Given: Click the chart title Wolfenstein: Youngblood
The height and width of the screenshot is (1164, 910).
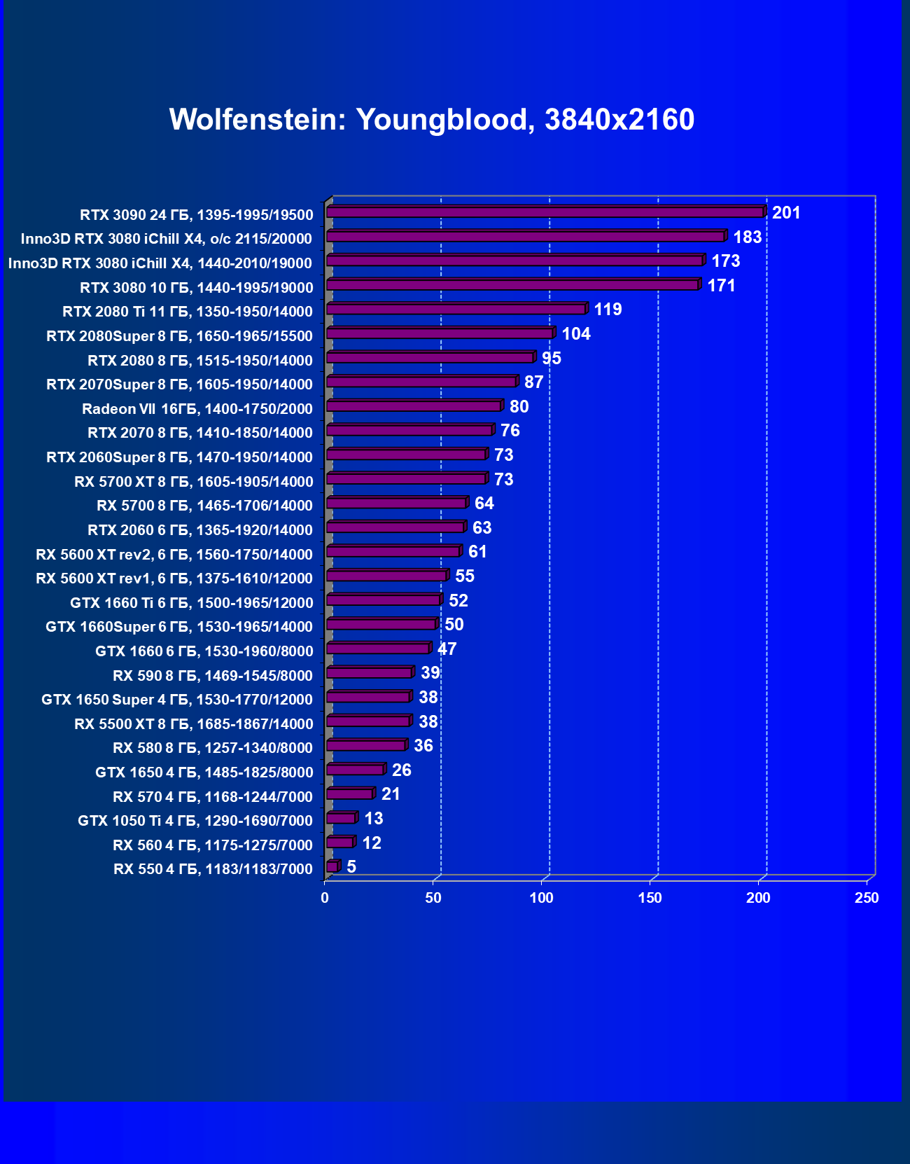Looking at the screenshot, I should coord(432,120).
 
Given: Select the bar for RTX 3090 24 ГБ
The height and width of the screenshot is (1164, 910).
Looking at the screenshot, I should coord(545,212).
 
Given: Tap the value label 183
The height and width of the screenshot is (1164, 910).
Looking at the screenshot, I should coord(747,237).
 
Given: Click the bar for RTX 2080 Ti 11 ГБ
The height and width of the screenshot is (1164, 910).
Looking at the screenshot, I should coord(456,309).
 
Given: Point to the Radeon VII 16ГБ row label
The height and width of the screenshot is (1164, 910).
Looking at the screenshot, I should coord(197,409).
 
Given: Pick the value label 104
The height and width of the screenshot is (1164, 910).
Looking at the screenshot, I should coord(576,333).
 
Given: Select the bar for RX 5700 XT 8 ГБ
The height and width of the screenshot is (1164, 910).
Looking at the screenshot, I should coord(406,479).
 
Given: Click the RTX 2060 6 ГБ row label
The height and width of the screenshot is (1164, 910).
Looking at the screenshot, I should coord(200,530).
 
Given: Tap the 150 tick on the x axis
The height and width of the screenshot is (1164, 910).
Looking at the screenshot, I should coord(650,898).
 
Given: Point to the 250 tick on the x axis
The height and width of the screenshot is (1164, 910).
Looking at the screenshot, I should coord(867,898).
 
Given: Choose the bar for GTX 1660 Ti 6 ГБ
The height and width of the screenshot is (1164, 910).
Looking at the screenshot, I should coord(384,600).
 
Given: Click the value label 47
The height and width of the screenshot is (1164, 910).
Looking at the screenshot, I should coord(447,649).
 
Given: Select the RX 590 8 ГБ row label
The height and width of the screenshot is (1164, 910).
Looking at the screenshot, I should coord(213,676).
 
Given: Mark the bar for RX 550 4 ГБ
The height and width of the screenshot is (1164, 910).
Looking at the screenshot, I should coord(332,867).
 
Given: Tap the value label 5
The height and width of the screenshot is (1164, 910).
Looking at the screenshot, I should coord(351,867).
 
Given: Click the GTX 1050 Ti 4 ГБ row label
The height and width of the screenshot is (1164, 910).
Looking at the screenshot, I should coord(195,821).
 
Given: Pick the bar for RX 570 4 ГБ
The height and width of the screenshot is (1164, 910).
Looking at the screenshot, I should coord(349,794).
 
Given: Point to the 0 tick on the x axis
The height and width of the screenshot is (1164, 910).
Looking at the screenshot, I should coord(325,898).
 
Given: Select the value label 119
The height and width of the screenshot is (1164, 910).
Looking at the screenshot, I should coord(608,310).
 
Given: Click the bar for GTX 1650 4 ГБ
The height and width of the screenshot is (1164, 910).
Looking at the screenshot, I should coord(355,770).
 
